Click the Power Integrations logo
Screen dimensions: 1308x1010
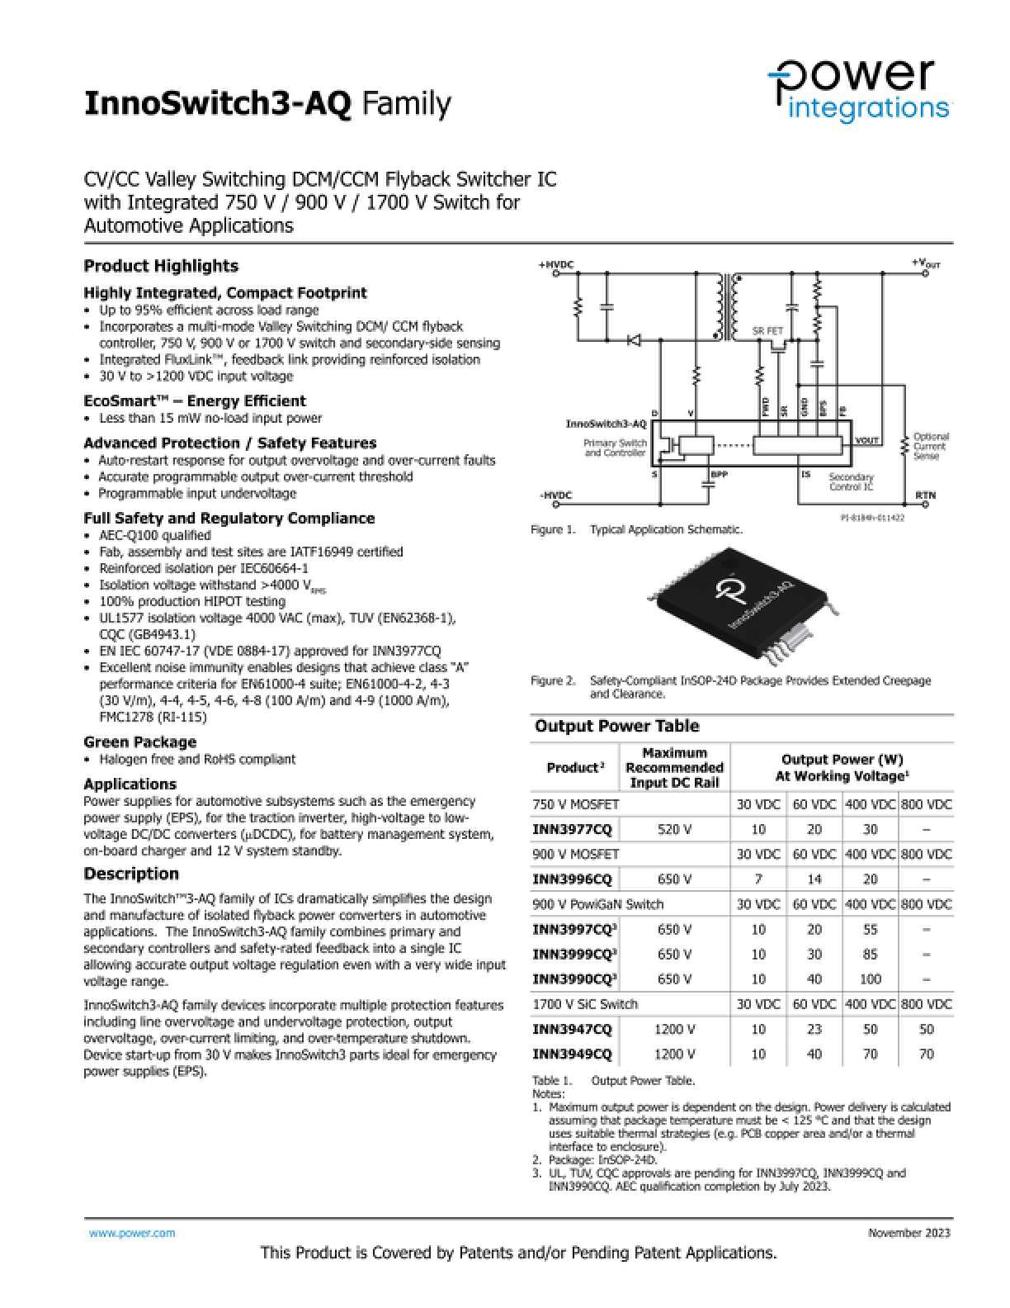pyautogui.click(x=859, y=90)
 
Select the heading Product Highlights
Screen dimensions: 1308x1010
pyautogui.click(x=161, y=266)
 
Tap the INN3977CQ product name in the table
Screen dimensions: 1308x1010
pyautogui.click(x=573, y=829)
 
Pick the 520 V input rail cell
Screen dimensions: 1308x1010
pyautogui.click(x=674, y=829)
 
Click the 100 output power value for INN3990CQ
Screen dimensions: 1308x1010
pyautogui.click(x=870, y=979)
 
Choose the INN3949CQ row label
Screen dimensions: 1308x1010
pyautogui.click(x=573, y=1054)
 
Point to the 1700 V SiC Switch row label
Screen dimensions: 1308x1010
pyautogui.click(x=585, y=1004)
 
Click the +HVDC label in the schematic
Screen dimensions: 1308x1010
pyautogui.click(x=555, y=265)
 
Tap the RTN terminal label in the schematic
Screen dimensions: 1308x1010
pyautogui.click(x=925, y=495)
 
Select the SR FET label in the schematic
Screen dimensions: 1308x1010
pyautogui.click(x=767, y=331)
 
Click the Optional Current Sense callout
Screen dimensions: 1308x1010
pyautogui.click(x=931, y=446)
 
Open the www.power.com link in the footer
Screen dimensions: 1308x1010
pyautogui.click(x=132, y=1233)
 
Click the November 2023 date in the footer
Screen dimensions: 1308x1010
pyautogui.click(x=909, y=1233)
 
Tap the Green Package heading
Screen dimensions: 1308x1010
pyautogui.click(x=139, y=742)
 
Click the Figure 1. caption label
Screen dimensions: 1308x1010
pyautogui.click(x=553, y=530)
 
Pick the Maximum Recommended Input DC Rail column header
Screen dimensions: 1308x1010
pyautogui.click(x=674, y=768)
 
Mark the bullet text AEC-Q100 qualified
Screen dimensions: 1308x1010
pyautogui.click(x=155, y=535)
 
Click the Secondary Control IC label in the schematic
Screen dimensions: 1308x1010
pyautogui.click(x=851, y=482)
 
